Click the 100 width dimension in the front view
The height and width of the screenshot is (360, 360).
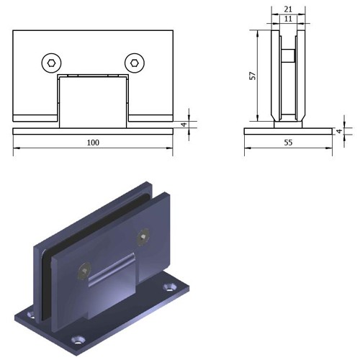93,143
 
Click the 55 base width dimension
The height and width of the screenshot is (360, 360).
288,143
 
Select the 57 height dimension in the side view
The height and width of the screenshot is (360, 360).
253,76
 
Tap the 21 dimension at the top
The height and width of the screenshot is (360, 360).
288,9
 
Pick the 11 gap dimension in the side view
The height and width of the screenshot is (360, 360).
288,19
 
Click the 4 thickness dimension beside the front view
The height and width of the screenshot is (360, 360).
184,125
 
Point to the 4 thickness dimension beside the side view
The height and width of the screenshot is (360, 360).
339,131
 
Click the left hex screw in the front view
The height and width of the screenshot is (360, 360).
51,63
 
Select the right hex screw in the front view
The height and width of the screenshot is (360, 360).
135,63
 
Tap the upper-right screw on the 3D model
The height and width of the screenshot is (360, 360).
143,237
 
